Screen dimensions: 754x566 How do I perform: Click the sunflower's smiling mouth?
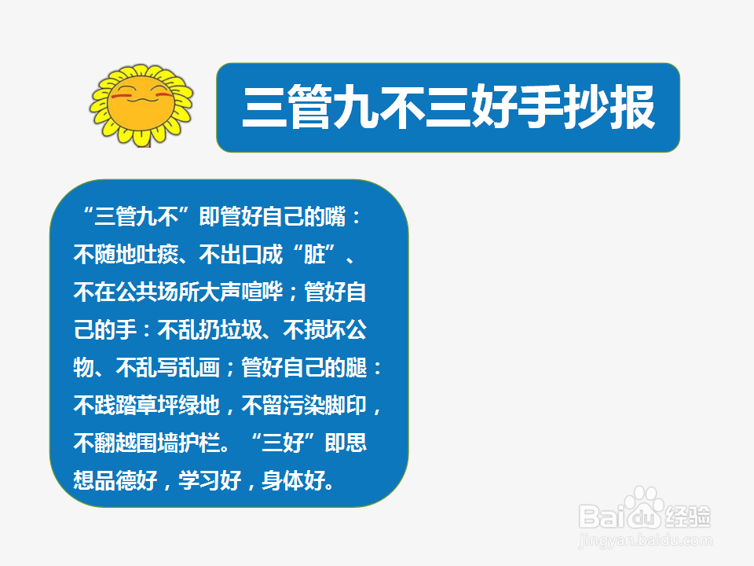pyautogui.click(x=141, y=99)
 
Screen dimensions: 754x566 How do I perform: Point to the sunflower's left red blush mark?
pyautogui.click(x=119, y=96)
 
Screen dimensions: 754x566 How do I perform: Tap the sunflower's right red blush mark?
pyautogui.click(x=164, y=95)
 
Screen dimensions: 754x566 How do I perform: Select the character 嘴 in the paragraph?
pyautogui.click(x=335, y=216)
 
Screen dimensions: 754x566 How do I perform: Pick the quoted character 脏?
pyautogui.click(x=314, y=254)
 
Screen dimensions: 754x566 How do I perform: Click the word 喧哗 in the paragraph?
pyautogui.click(x=262, y=292)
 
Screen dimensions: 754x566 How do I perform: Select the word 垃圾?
pyautogui.click(x=241, y=329)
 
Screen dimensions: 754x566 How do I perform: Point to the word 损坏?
pyautogui.click(x=325, y=329)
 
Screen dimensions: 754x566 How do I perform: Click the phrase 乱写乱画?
pyautogui.click(x=178, y=367)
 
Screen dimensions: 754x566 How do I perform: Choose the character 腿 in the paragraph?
pyautogui.click(x=357, y=367)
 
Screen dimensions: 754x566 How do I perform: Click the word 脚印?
pyautogui.click(x=346, y=405)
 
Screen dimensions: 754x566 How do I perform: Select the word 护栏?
pyautogui.click(x=199, y=443)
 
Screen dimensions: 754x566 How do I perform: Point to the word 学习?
pyautogui.click(x=199, y=480)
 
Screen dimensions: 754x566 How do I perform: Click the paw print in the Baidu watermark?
pyautogui.click(x=643, y=505)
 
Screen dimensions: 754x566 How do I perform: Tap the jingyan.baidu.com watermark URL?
pyautogui.click(x=646, y=540)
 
